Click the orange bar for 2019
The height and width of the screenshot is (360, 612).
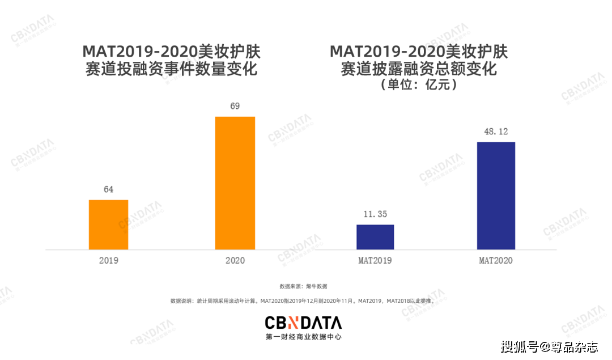coord(108,225)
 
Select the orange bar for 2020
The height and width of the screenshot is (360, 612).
coord(235,183)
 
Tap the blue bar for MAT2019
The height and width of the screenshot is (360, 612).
coord(375,237)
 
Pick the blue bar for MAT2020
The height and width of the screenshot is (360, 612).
coord(496,196)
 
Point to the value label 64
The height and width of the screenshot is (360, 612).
coord(108,189)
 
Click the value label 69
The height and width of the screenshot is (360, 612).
coord(235,106)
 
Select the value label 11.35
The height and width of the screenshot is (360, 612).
coord(375,214)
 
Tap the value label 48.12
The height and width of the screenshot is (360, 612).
coord(496,132)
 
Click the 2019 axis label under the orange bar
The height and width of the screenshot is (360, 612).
coord(108,261)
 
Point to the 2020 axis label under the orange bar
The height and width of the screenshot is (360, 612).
coord(235,261)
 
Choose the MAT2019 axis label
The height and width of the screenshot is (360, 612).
coord(375,261)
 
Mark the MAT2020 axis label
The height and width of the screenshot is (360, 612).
coord(496,261)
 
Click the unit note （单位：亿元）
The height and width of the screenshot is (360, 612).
coord(419,85)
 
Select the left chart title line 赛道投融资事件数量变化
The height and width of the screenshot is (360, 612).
coord(171,69)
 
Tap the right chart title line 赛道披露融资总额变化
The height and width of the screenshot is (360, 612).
coord(419,69)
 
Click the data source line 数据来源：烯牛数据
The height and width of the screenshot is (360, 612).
coord(303,286)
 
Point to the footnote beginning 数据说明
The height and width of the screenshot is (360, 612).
coord(303,301)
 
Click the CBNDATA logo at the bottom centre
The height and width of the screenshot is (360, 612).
coord(303,323)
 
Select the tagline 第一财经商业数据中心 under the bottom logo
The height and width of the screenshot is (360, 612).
coord(303,337)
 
